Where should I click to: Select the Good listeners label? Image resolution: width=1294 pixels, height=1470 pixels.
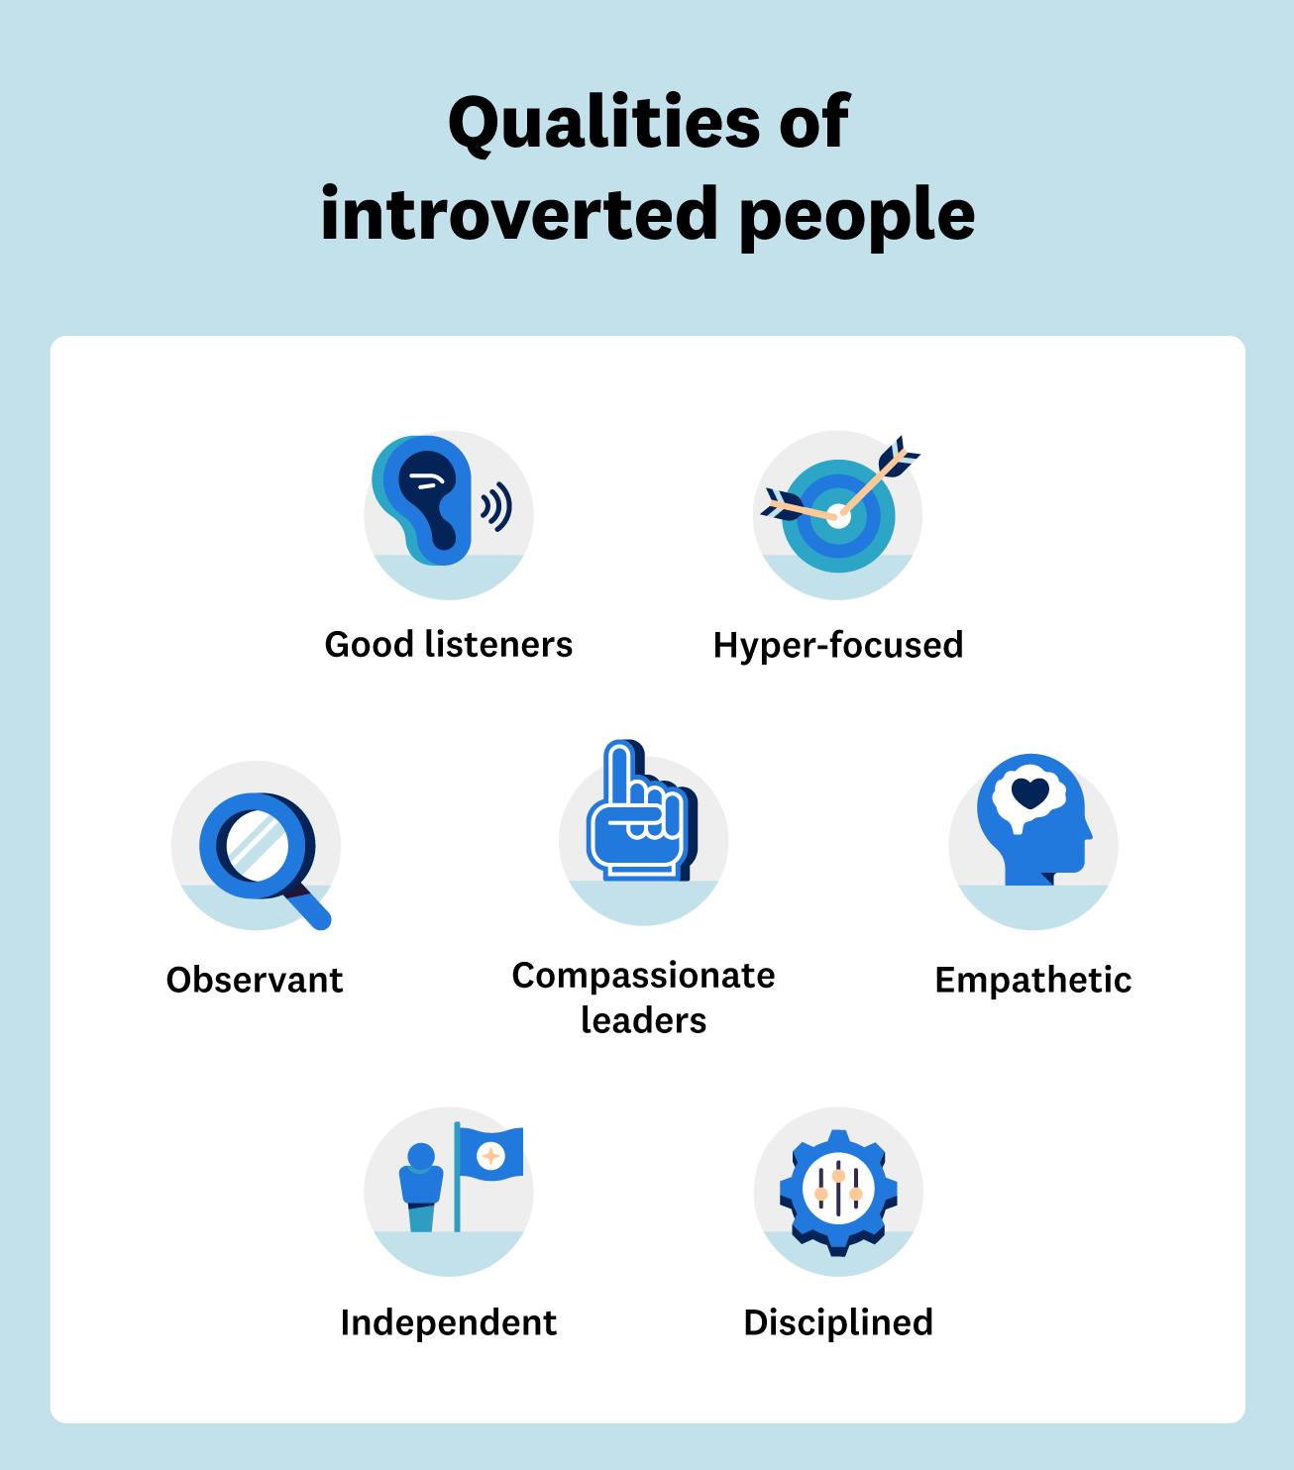(449, 645)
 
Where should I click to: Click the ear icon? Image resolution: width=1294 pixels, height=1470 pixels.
(424, 500)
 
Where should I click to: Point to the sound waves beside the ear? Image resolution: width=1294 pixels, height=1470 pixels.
(496, 507)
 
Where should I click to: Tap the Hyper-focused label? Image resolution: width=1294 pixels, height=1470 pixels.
(838, 645)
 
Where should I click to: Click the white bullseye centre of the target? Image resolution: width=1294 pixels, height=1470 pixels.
(837, 515)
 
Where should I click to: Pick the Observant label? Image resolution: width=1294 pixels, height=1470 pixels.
(255, 980)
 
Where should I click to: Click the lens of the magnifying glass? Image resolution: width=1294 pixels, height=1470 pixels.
(257, 844)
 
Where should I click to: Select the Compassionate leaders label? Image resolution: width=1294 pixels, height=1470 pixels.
(644, 997)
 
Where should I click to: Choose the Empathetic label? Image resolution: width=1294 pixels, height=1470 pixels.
(1033, 980)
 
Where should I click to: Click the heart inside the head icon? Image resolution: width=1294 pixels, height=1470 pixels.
(1030, 791)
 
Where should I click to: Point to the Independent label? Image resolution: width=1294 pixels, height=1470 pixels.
(449, 1322)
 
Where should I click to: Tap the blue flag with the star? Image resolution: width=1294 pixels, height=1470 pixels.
(490, 1154)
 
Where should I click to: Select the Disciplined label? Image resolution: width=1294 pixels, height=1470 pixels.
(838, 1322)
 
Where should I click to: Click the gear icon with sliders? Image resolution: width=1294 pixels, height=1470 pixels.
(838, 1192)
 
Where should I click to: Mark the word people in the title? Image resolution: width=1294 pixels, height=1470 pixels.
(857, 214)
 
